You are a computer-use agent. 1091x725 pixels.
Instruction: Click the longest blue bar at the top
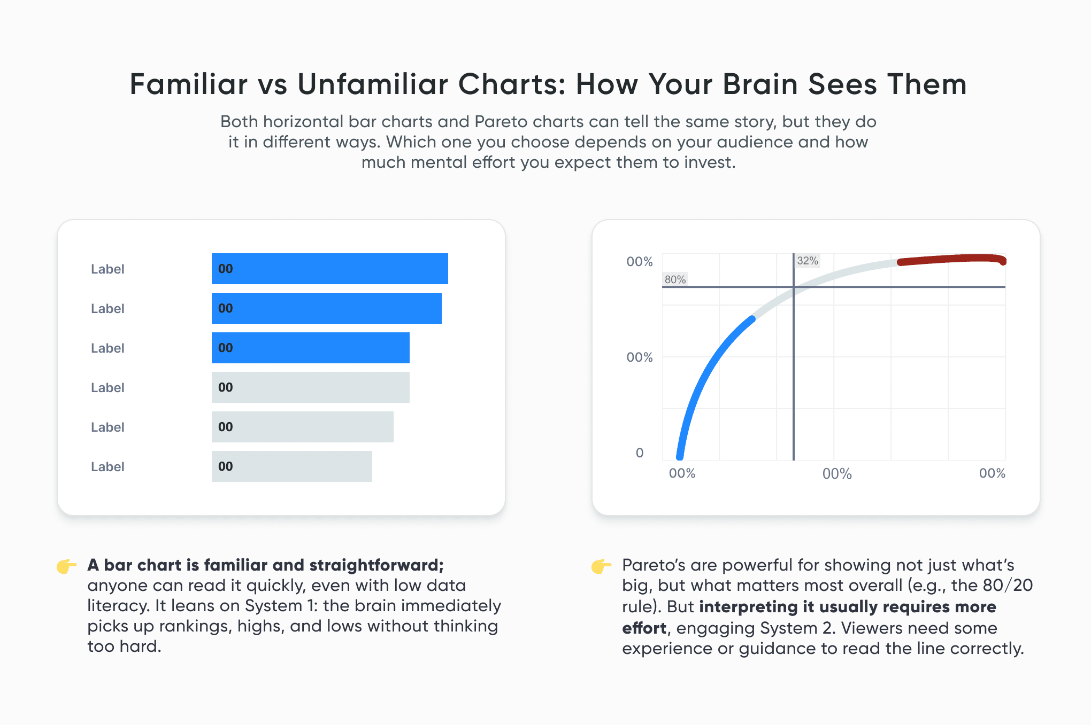click(329, 269)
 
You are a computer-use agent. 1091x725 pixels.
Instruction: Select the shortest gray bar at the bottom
click(291, 466)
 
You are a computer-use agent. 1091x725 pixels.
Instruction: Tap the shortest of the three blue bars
click(310, 348)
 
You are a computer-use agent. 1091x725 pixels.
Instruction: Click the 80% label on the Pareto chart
click(675, 279)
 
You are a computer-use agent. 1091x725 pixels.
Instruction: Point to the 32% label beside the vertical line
click(807, 261)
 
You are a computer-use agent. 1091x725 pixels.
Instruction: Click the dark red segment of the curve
click(952, 259)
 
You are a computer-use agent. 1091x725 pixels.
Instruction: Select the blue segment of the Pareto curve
click(706, 374)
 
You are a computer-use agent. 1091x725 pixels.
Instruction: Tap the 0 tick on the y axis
click(640, 453)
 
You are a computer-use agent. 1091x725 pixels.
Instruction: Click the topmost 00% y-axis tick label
click(640, 262)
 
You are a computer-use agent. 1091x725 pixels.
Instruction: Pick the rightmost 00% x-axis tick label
click(992, 473)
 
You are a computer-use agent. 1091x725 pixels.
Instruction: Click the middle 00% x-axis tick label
click(837, 474)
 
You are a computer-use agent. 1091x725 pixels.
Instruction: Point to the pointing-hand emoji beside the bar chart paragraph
click(67, 566)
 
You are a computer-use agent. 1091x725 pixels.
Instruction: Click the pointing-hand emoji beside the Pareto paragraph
click(602, 566)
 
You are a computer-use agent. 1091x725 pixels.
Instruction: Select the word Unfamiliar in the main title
click(372, 84)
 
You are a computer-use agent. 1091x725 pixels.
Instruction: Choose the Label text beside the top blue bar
click(107, 269)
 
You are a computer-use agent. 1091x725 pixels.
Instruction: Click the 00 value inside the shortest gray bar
click(226, 466)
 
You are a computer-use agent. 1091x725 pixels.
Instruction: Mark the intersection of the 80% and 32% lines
click(794, 287)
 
